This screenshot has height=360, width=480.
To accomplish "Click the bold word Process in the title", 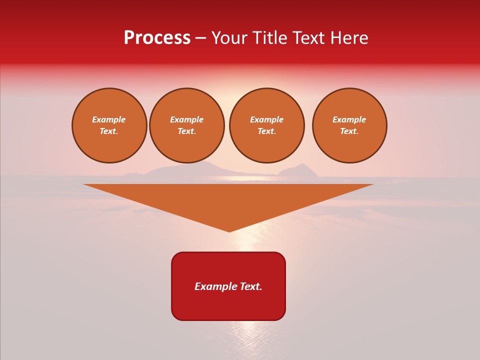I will pyautogui.click(x=157, y=38).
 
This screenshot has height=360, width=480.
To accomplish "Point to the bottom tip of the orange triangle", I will pyautogui.click(x=229, y=230).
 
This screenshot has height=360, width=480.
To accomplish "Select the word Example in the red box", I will pyautogui.click(x=214, y=286).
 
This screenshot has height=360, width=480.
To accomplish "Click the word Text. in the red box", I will pyautogui.click(x=249, y=286).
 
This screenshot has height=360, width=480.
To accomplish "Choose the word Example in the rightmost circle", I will pyautogui.click(x=349, y=119).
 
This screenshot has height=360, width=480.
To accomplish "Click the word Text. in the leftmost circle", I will pyautogui.click(x=109, y=131).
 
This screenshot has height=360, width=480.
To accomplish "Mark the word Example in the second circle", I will pyautogui.click(x=187, y=119).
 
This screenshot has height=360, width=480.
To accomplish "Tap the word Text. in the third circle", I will pyautogui.click(x=267, y=131).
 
